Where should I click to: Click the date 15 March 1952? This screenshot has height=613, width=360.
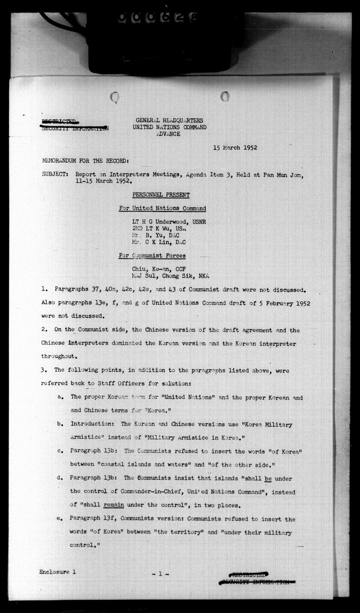(x=235, y=148)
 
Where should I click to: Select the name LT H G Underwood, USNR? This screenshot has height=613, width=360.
(x=168, y=222)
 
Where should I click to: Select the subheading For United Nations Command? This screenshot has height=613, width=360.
(x=162, y=208)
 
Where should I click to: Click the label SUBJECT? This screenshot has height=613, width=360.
(x=55, y=175)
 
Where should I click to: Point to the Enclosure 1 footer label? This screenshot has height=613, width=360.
(x=57, y=572)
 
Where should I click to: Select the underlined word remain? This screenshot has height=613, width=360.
(x=114, y=505)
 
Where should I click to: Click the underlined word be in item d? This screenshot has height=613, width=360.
(x=268, y=478)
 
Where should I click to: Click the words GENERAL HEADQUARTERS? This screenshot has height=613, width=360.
(x=169, y=120)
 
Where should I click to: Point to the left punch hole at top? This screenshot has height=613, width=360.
(x=115, y=97)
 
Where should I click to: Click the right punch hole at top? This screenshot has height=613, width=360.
(x=224, y=96)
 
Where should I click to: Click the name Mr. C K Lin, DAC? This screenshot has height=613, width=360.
(x=159, y=243)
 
